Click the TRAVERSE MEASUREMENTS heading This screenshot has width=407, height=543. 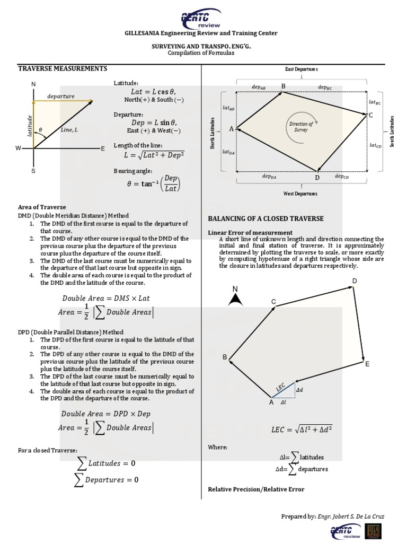tap(63, 68)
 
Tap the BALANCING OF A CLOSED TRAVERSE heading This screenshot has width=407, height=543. tap(266, 218)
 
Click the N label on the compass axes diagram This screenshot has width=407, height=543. tap(33, 85)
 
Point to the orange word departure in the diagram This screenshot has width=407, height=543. tap(61, 96)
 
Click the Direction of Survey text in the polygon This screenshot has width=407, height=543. tap(300, 126)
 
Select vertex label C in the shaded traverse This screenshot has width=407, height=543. tap(370, 115)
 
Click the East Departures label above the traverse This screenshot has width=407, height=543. tap(301, 69)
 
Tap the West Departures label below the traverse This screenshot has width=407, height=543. tap(301, 194)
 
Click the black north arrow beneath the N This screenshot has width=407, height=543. tap(235, 301)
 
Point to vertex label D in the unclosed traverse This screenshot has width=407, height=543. tap(355, 281)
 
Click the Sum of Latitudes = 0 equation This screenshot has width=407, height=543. tap(107, 463)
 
